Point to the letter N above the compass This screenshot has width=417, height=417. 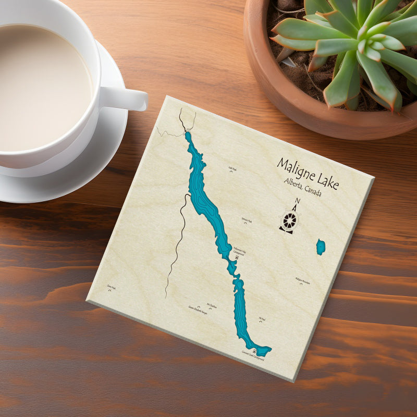coord(297,202)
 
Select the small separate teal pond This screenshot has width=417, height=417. coord(321,247)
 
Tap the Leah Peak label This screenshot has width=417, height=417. coord(232,169)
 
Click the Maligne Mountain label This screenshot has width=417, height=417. coord(302,280)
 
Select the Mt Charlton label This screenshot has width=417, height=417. coord(212,305)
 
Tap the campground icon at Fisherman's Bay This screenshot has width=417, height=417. coord(237,257)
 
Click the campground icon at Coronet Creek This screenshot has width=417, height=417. coord(254,352)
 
